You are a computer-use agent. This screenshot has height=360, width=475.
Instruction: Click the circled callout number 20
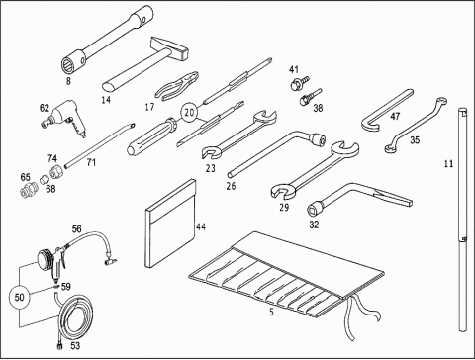189,113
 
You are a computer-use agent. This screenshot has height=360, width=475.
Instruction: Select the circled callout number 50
19,298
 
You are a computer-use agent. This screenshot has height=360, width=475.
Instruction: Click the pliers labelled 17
177,85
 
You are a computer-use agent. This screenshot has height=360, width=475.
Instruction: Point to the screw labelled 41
299,83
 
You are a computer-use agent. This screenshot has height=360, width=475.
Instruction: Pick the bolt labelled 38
310,96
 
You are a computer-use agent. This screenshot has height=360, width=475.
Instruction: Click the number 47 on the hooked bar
395,116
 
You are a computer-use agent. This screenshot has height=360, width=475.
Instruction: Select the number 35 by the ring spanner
415,140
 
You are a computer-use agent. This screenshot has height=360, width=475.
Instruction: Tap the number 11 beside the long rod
448,163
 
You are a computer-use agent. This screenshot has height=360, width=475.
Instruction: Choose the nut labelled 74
56,171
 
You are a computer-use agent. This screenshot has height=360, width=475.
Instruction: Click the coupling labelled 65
29,190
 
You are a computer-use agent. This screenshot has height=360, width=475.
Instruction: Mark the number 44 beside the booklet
201,226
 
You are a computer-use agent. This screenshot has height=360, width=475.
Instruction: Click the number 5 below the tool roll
271,312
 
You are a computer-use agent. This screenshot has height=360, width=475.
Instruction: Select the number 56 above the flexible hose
76,228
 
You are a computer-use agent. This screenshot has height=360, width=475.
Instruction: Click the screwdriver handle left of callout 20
152,136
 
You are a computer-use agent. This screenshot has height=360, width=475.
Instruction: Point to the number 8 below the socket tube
68,81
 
